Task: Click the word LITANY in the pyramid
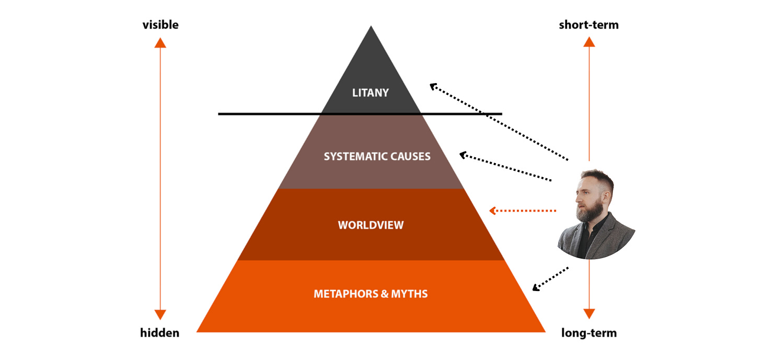[371, 93]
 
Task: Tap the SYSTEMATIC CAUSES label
[377, 156]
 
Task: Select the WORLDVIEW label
[371, 225]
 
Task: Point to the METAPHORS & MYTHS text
[371, 294]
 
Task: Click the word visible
[160, 25]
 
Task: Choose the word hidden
[159, 333]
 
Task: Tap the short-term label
[589, 25]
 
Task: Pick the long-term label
[589, 333]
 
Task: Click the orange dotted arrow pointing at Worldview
[523, 211]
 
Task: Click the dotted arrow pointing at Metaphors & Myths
[550, 278]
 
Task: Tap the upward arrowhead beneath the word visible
[160, 42]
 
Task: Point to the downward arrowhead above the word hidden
[160, 315]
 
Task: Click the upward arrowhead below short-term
[589, 42]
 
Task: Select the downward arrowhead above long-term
[589, 313]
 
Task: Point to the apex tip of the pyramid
[371, 27]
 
